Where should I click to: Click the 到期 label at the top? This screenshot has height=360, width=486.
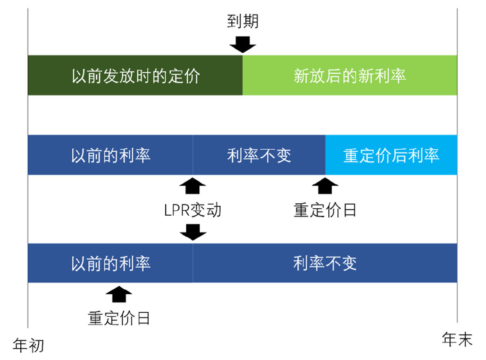pyautogui.click(x=242, y=22)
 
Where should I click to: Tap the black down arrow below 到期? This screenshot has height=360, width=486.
pyautogui.click(x=242, y=44)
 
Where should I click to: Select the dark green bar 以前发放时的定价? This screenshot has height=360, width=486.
pyautogui.click(x=135, y=76)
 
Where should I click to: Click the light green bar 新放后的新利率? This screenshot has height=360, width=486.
pyautogui.click(x=350, y=76)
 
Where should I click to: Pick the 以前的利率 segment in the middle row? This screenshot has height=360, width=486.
pyautogui.click(x=110, y=155)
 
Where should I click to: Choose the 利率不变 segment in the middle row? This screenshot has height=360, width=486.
pyautogui.click(x=259, y=155)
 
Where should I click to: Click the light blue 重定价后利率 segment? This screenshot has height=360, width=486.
pyautogui.click(x=392, y=155)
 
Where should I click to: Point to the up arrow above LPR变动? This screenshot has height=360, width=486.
pyautogui.click(x=193, y=185)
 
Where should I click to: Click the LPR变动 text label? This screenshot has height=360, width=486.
pyautogui.click(x=193, y=209)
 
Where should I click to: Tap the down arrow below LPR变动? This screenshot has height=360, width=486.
pyautogui.click(x=193, y=232)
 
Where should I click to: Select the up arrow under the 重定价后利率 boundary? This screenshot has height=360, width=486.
pyautogui.click(x=325, y=185)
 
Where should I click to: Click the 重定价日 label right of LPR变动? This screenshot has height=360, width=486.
pyautogui.click(x=325, y=209)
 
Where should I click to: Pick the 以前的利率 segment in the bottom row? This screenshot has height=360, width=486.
pyautogui.click(x=110, y=263)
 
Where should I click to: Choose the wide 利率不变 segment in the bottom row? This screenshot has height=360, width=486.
pyautogui.click(x=325, y=263)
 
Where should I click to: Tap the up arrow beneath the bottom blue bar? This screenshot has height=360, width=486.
pyautogui.click(x=119, y=294)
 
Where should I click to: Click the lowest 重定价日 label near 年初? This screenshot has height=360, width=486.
pyautogui.click(x=119, y=318)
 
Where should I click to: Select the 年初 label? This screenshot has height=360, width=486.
pyautogui.click(x=28, y=345)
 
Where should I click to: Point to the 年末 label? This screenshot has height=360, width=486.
pyautogui.click(x=457, y=339)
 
